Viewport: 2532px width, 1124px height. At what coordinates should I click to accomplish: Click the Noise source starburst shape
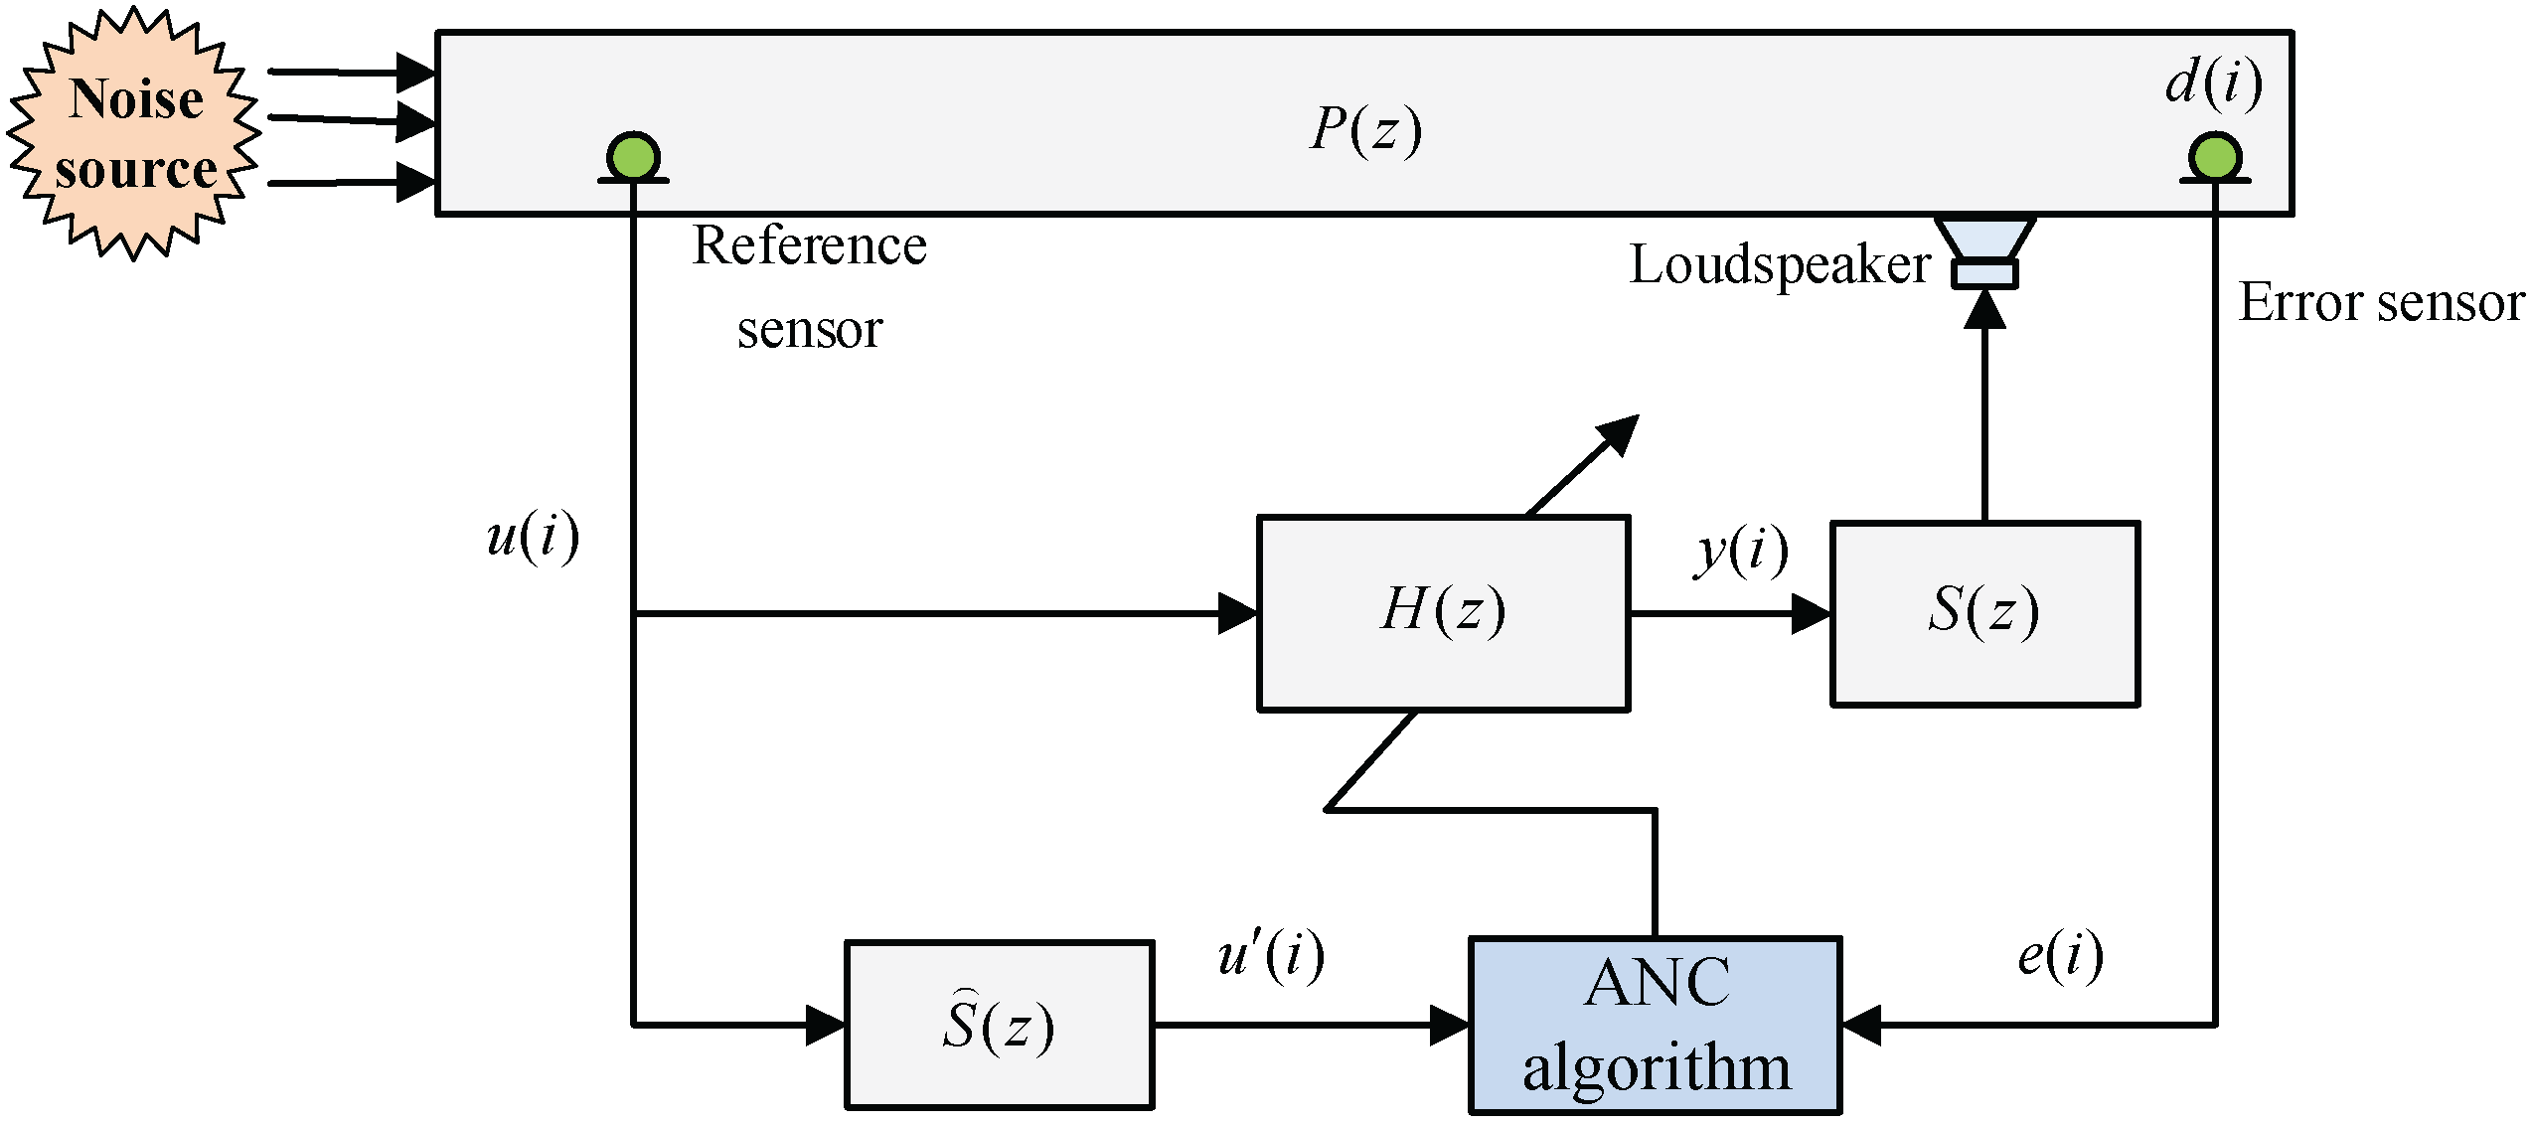[x=135, y=133]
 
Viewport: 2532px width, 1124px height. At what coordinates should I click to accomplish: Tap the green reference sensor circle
[x=633, y=157]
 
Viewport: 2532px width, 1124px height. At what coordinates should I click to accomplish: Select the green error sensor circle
[x=2215, y=157]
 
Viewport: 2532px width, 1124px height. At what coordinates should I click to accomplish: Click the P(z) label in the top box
[x=1365, y=129]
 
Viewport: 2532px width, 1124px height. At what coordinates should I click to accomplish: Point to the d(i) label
[x=2214, y=82]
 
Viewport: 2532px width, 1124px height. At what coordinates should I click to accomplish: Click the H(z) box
[x=1443, y=613]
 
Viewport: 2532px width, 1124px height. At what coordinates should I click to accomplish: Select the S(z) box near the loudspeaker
[x=1985, y=613]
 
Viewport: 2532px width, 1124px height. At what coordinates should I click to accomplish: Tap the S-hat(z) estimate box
[x=999, y=1025]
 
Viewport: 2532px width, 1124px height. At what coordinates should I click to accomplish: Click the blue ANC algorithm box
[x=1656, y=1026]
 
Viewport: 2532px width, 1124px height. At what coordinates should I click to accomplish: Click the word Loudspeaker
[x=1780, y=265]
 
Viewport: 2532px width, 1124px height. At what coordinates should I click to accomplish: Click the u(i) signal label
[x=533, y=538]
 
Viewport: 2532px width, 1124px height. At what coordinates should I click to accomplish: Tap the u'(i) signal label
[x=1271, y=956]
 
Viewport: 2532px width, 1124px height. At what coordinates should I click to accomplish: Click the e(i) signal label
[x=2060, y=956]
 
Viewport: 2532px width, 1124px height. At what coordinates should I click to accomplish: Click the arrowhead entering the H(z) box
[x=1238, y=613]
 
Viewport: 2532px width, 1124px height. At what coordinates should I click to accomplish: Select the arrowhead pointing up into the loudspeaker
[x=1985, y=309]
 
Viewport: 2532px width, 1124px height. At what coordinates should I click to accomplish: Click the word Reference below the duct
[x=809, y=245]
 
